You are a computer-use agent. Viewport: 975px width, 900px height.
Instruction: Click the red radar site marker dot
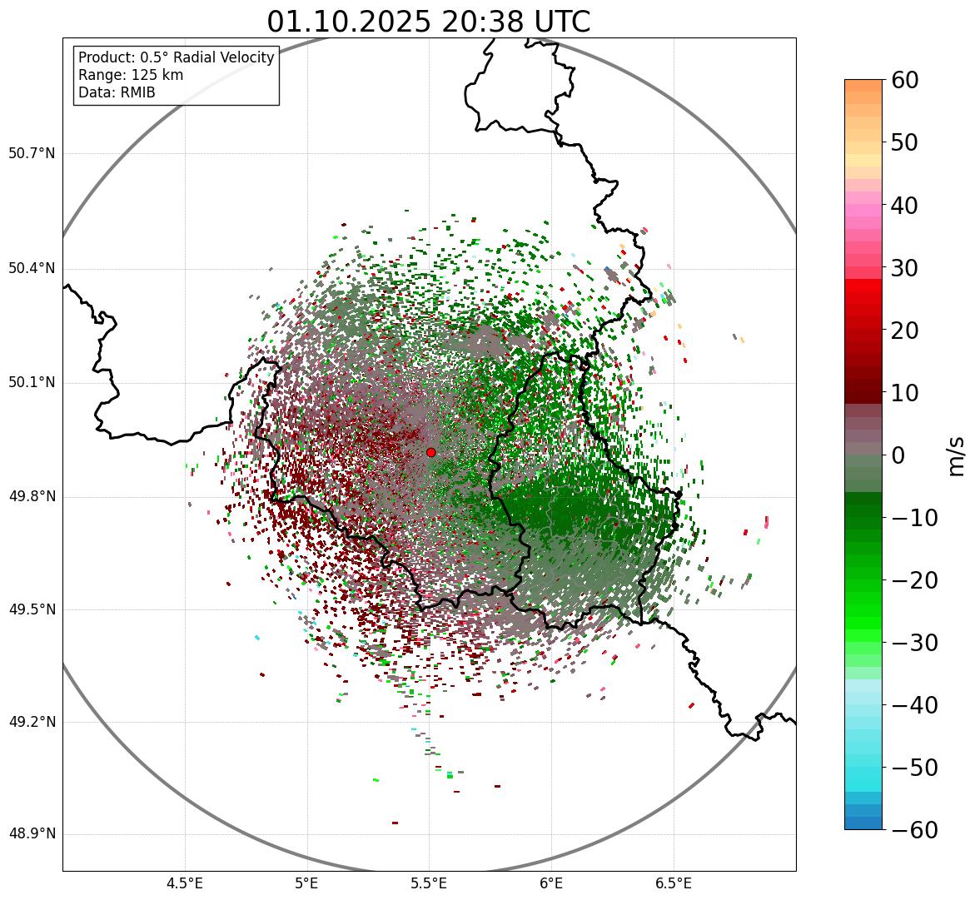point(430,452)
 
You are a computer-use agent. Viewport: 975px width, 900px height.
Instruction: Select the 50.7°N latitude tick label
point(32,154)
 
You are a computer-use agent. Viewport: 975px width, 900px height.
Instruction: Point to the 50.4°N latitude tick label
point(32,269)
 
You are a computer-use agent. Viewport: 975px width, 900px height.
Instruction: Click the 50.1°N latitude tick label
point(32,383)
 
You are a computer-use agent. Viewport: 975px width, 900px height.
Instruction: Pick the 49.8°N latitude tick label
point(32,497)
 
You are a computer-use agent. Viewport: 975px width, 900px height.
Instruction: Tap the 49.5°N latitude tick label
point(32,609)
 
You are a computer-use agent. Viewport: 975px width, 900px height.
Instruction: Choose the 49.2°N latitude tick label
point(32,722)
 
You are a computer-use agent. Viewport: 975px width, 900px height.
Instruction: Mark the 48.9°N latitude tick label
point(32,834)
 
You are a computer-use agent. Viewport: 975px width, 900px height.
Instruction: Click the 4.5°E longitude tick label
point(185,883)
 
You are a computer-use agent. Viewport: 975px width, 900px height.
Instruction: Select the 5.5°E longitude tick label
point(429,883)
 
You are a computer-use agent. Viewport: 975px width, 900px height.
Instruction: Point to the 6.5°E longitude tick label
point(673,883)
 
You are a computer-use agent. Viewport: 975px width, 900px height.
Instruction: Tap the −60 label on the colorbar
point(913,830)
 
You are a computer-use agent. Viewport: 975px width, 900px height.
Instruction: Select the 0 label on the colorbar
point(898,455)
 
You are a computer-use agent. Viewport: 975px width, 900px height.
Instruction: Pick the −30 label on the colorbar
point(913,643)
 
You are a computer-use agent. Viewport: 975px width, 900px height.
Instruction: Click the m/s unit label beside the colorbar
point(956,455)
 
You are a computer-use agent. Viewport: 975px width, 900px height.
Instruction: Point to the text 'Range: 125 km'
point(131,75)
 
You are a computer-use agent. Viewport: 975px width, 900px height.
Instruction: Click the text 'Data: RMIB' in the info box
point(117,92)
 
